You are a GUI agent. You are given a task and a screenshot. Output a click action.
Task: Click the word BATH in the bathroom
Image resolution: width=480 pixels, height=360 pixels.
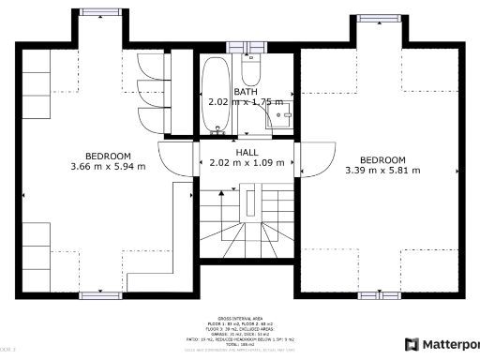click(x=246, y=92)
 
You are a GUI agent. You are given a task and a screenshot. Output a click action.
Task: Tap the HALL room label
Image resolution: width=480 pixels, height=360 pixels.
click(x=247, y=152)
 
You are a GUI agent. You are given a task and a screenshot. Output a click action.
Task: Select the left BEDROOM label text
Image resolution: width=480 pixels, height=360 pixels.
click(x=108, y=157)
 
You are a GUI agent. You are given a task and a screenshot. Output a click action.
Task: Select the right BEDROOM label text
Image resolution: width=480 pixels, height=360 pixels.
click(x=382, y=159)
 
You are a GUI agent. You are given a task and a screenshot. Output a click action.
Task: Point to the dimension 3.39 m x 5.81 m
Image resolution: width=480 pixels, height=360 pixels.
click(x=382, y=171)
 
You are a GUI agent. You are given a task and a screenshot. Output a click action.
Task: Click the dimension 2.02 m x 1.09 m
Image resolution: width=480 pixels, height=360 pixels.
click(x=247, y=163)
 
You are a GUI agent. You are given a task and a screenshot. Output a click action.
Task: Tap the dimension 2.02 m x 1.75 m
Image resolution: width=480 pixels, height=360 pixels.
click(x=246, y=102)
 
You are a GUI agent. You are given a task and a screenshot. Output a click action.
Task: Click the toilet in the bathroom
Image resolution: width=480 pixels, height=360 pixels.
click(x=251, y=71)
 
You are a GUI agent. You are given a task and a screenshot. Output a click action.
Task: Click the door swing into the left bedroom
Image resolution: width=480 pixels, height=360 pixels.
click(x=178, y=157)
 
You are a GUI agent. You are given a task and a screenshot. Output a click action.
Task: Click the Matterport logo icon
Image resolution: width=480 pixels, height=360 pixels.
click(x=410, y=343)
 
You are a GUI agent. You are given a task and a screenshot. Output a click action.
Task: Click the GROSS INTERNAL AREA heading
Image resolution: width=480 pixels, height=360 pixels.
click(x=239, y=319)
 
